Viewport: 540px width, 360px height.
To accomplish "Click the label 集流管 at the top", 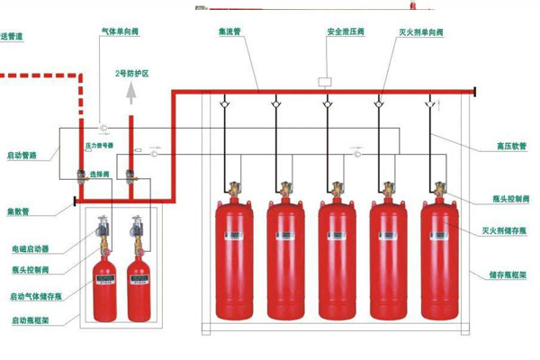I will tap(231, 31).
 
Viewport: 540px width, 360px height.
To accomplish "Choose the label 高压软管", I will tap(487, 146).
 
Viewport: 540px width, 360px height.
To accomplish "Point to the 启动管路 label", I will tap(21, 155).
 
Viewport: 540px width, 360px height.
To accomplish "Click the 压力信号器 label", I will tap(97, 144).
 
